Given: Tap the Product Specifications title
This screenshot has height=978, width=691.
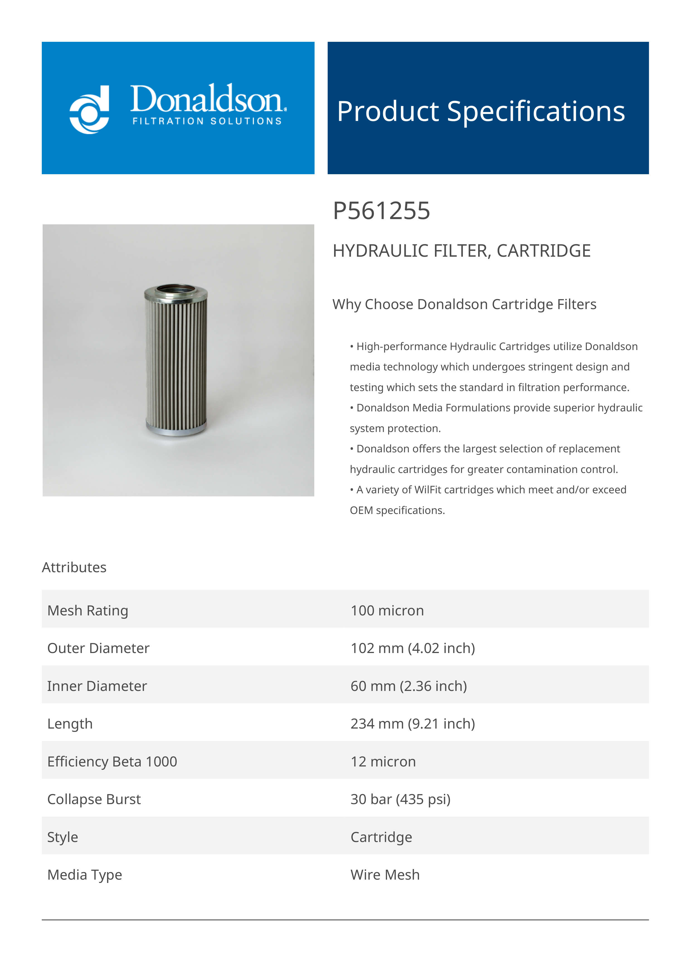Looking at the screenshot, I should pos(481,111).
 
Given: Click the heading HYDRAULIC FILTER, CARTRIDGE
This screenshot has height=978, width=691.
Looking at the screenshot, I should pos(461,251).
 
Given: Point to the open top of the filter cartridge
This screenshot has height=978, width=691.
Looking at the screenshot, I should pos(176,289).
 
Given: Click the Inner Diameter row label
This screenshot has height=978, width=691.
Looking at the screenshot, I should pos(97,686).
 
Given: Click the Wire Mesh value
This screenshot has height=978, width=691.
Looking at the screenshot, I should pos(385,875).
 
